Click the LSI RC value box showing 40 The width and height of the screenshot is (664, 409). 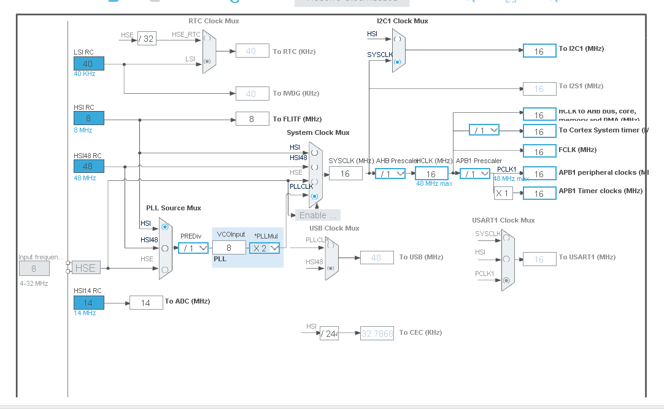point(89,64)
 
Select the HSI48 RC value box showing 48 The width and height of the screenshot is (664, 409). point(89,166)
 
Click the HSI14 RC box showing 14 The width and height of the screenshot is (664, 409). point(89,303)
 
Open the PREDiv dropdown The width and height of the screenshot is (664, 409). point(193,248)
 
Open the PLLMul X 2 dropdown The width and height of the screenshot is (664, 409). point(264,248)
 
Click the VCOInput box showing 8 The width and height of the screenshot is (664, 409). point(229,248)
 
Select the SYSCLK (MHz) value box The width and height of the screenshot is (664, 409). point(346,174)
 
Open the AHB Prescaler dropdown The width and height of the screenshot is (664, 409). point(390,174)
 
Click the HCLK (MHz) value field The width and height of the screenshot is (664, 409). point(431,174)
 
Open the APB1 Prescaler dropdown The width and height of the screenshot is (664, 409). point(475,174)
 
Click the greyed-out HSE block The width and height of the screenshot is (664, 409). point(85,267)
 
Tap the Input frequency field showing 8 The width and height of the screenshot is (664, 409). point(34,268)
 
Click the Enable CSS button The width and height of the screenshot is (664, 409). point(318,215)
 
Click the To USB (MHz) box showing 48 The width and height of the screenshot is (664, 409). point(376,258)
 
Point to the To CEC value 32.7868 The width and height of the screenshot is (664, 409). point(377,333)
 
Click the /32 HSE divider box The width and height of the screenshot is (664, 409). point(146,39)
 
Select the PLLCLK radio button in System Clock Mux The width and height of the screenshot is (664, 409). point(314,196)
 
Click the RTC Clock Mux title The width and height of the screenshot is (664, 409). point(214,21)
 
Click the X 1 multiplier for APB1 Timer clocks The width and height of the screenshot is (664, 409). point(503,193)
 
